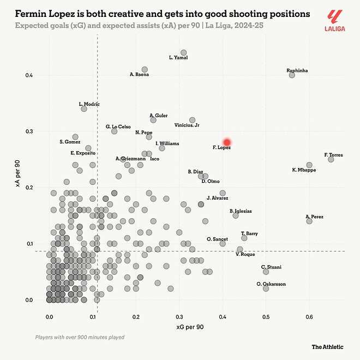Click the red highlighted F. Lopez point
(x=227, y=142)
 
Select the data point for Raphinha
(x=292, y=75)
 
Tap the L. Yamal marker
(x=184, y=53)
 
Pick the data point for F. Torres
(x=331, y=159)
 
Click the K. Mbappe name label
(x=304, y=170)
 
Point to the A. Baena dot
(x=145, y=69)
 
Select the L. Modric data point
(x=84, y=109)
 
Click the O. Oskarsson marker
(x=266, y=288)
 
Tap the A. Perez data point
(x=309, y=221)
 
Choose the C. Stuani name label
(x=271, y=267)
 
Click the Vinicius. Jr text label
(x=187, y=125)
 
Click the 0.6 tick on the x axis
(x=309, y=317)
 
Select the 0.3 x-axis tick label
(x=179, y=317)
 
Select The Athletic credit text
(x=328, y=346)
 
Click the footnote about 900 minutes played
(x=80, y=337)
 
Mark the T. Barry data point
(x=244, y=238)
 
